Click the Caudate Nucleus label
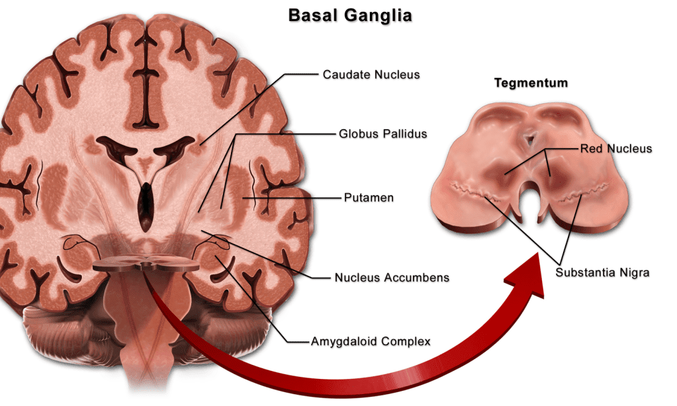click(371, 75)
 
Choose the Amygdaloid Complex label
click(371, 342)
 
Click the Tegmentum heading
click(531, 84)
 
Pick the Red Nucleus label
click(616, 149)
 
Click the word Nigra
click(633, 272)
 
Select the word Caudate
click(343, 75)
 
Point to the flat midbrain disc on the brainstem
click(146, 264)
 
